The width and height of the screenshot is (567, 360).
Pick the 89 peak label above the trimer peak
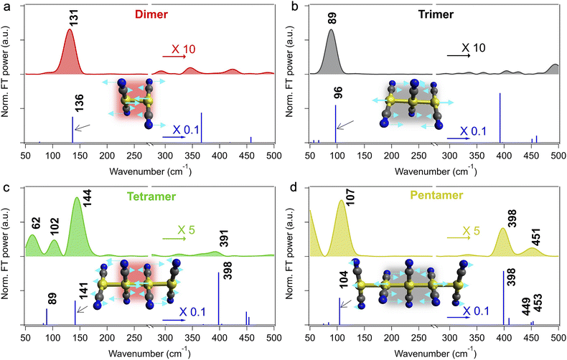[332, 17]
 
